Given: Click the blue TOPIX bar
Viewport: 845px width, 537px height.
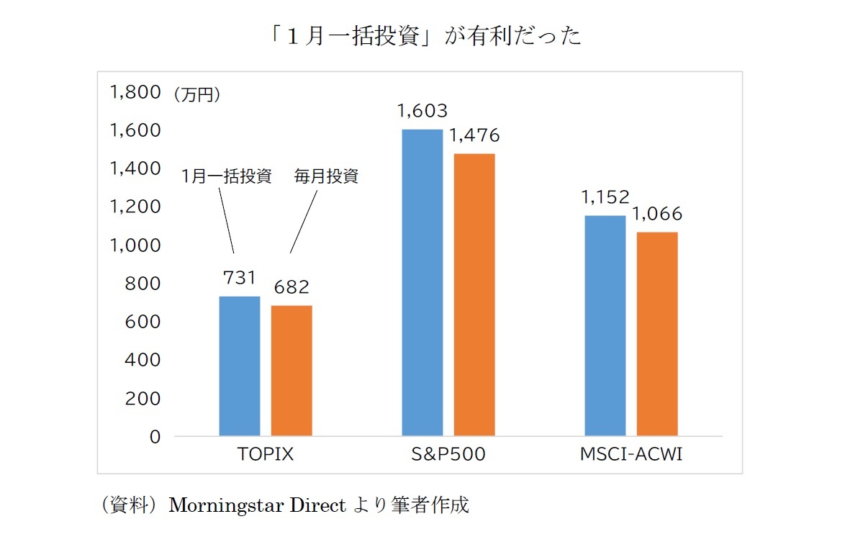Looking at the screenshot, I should point(240,366).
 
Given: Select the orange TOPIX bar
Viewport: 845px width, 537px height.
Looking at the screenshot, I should point(292,370).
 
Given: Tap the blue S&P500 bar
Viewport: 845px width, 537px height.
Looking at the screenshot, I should point(422,282).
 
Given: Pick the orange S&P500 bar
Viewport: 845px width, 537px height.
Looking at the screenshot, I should point(474,294).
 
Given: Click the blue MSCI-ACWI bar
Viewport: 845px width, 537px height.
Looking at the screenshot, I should point(605,325).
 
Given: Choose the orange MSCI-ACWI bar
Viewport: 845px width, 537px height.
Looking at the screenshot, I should point(657,334).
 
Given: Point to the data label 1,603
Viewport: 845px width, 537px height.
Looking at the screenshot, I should point(422,112).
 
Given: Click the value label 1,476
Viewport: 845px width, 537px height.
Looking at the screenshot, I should point(474,135).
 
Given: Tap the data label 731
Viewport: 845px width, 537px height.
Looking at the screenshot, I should point(240,278).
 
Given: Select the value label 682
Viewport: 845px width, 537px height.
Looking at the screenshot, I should point(292,287).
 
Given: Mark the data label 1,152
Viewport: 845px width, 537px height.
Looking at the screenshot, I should point(605,197).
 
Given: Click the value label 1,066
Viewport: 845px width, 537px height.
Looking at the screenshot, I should point(657,215).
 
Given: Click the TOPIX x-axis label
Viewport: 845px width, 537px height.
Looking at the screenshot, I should point(266,455).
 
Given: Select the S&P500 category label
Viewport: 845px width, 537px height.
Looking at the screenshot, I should point(448,455).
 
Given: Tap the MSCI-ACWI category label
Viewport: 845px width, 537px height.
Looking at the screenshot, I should point(631,455).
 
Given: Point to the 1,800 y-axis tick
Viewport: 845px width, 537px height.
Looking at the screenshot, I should point(134,92).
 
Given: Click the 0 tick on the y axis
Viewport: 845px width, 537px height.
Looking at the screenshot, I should point(154,437).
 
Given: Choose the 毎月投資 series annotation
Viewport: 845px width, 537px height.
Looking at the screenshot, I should point(325,176).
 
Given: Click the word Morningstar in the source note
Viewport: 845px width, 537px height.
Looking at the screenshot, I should point(226,505).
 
